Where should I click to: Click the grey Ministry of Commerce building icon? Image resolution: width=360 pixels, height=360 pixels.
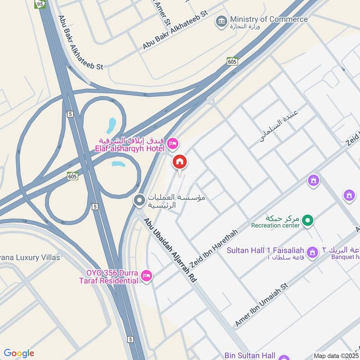[221, 21]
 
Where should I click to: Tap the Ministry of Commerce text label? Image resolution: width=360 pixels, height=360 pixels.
[269, 19]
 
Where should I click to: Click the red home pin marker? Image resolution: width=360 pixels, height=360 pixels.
[180, 162]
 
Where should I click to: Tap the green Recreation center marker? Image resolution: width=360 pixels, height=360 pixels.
[308, 220]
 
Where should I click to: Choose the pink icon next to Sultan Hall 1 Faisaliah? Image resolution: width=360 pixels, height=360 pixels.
[312, 252]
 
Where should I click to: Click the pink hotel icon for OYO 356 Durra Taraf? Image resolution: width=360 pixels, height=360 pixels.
[146, 276]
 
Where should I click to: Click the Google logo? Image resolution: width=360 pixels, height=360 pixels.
[19, 353]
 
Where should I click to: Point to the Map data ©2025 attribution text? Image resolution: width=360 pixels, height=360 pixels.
[336, 355]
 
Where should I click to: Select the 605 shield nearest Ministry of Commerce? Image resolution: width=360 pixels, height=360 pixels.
[232, 61]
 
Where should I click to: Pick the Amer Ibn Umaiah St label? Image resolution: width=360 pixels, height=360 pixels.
[261, 305]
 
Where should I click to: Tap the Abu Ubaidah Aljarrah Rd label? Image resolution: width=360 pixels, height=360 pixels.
[170, 250]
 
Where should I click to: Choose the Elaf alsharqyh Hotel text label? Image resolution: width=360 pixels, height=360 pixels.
[130, 147]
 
